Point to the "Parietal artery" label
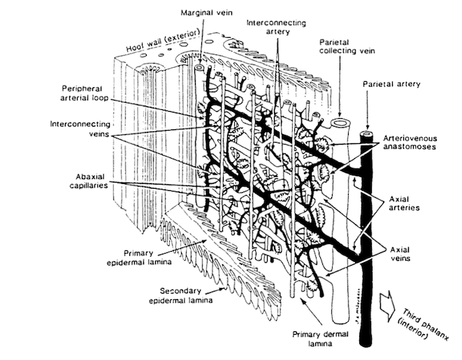point(392,84)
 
